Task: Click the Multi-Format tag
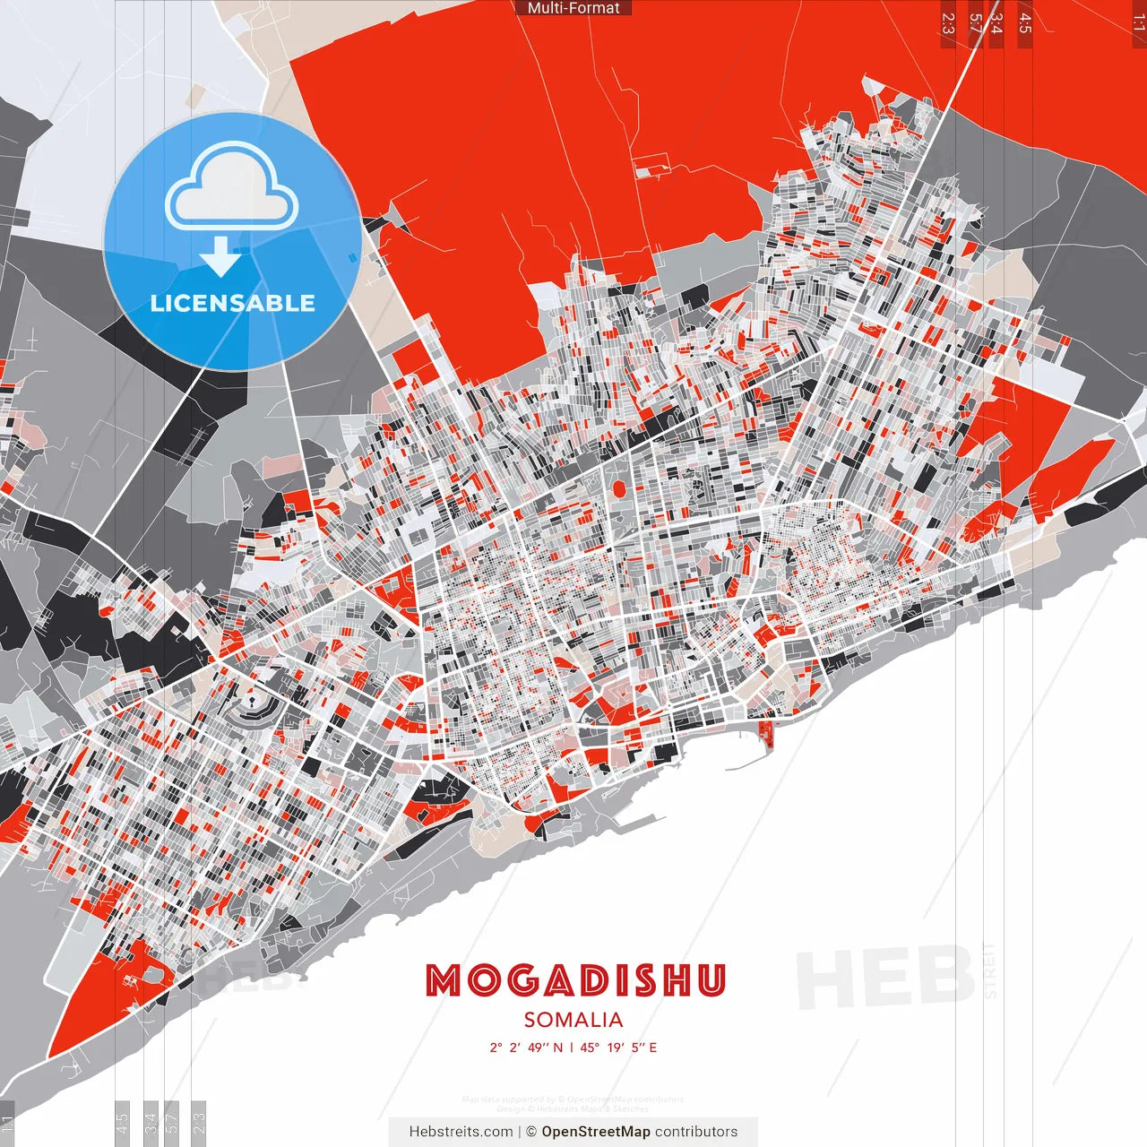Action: (573, 8)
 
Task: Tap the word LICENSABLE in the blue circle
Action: (232, 303)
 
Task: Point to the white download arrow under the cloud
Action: (220, 256)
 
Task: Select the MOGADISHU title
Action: (574, 980)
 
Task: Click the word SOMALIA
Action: (573, 1020)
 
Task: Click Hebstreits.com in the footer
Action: (461, 1132)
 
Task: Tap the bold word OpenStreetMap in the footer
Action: (596, 1132)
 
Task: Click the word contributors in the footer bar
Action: (696, 1132)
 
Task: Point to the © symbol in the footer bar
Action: (531, 1132)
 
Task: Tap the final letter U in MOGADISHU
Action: (710, 980)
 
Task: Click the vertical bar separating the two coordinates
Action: (572, 1048)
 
